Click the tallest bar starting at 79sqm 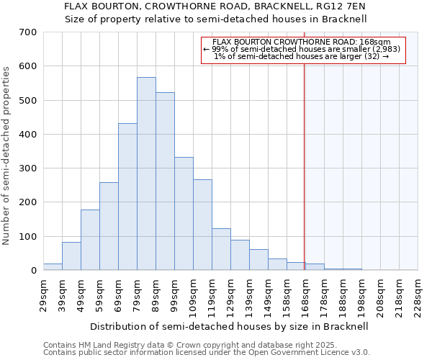point(146,174)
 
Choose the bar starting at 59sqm point(109,226)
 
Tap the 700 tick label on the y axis point(28,32)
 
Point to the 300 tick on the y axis point(28,168)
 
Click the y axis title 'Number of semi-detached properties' point(7,156)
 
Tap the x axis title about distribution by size point(228,326)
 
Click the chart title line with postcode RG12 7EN point(216,6)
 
